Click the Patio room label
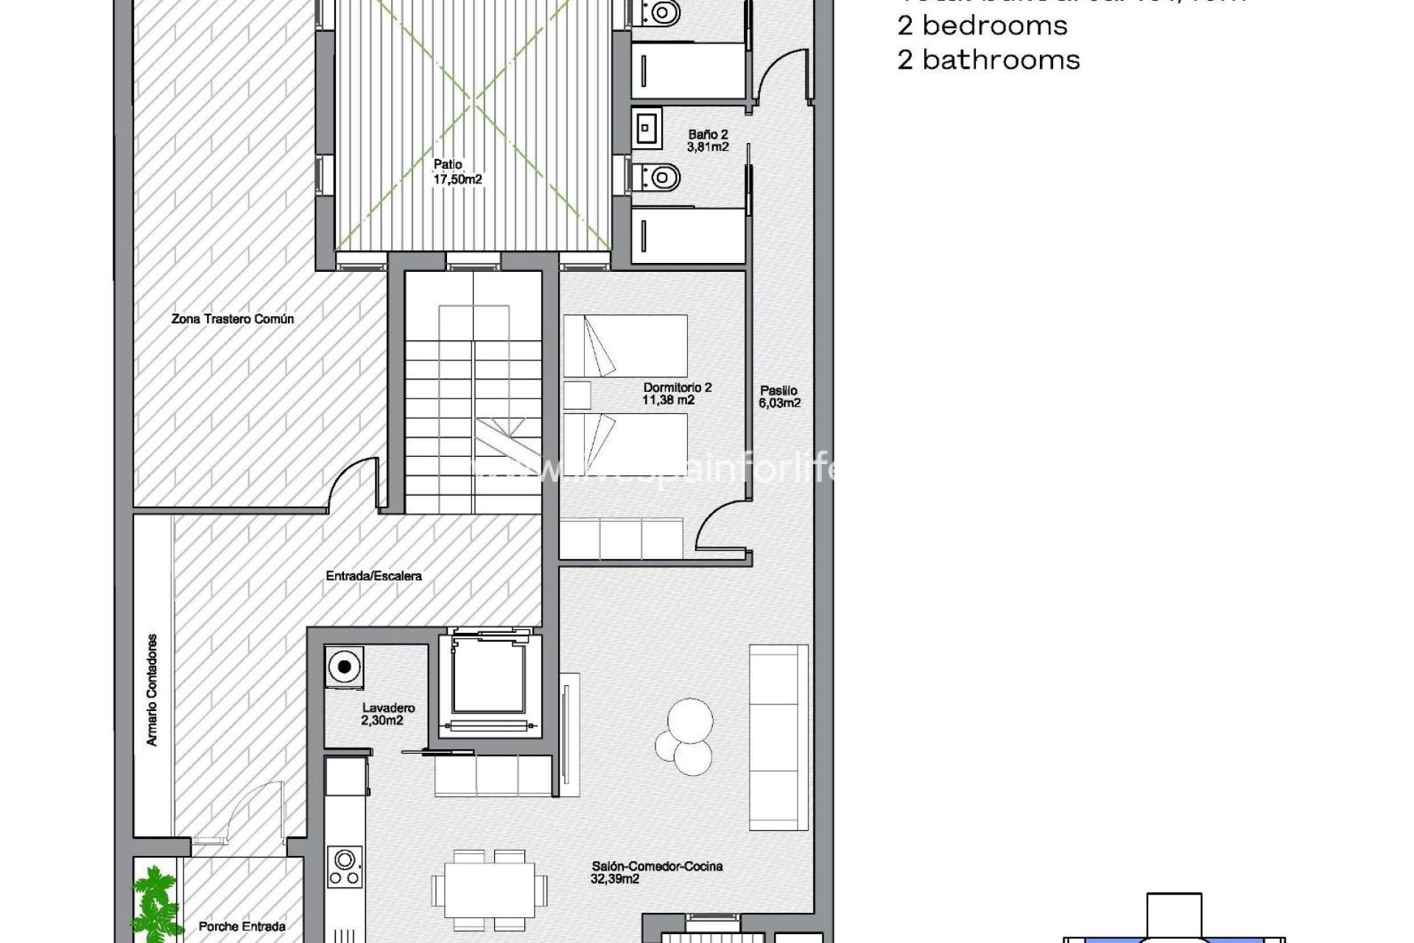(457, 172)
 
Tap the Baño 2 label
(708, 141)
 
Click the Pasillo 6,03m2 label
(779, 396)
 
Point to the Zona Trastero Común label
(233, 319)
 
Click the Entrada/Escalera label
(373, 575)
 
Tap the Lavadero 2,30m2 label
(388, 714)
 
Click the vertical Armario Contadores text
(152, 690)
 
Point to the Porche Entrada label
(242, 926)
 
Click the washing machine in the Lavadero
(345, 667)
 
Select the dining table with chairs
(489, 890)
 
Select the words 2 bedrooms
(982, 26)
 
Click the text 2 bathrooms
(988, 60)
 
